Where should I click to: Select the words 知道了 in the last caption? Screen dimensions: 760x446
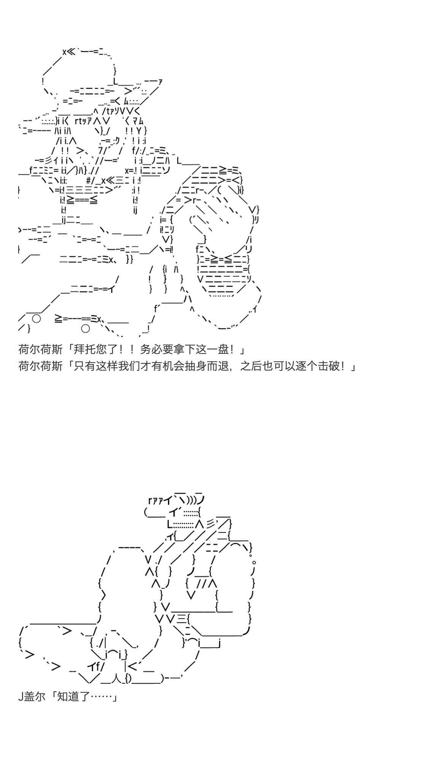tap(73, 697)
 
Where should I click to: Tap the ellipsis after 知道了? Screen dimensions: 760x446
tap(101, 697)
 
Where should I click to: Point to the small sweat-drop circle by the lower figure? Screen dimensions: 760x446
tap(254, 562)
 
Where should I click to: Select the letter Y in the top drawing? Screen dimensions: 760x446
tap(139, 131)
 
